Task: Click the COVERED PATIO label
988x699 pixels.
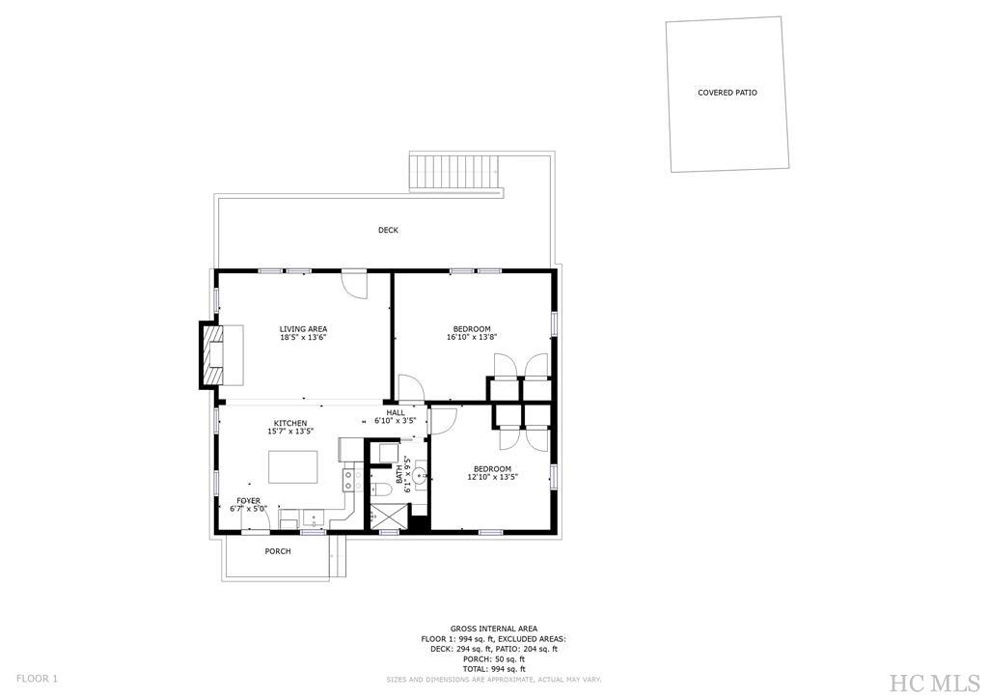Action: tap(727, 93)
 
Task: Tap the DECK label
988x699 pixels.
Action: tap(388, 230)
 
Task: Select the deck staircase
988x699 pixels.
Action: tap(456, 174)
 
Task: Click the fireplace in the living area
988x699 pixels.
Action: tap(212, 354)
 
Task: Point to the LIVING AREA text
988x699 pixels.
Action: tap(303, 329)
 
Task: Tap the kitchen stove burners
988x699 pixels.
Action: tap(350, 480)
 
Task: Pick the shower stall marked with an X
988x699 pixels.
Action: tap(390, 518)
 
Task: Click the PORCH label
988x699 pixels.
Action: tap(278, 551)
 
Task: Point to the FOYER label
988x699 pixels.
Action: tap(248, 501)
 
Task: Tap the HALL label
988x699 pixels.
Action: tap(396, 412)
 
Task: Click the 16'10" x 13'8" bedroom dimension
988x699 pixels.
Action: tap(472, 338)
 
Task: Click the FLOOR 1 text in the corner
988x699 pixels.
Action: tap(37, 678)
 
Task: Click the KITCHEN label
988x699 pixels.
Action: tap(290, 423)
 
